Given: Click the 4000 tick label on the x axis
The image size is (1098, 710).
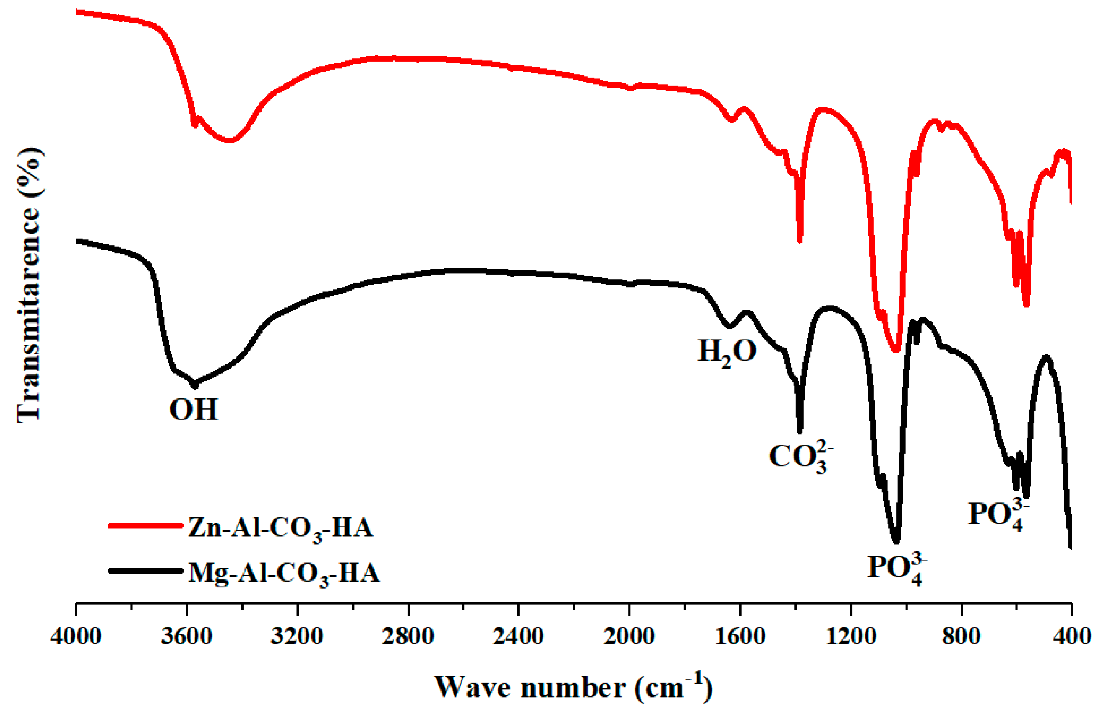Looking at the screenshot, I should tap(75, 637).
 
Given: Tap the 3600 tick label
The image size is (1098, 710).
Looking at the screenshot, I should tap(186, 637).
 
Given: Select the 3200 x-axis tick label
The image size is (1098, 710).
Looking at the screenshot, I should tap(296, 637).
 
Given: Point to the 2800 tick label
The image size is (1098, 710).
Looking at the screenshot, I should tap(408, 637).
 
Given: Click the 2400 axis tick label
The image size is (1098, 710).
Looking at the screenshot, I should tap(518, 637).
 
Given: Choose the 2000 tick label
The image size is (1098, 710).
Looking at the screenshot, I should tap(629, 637).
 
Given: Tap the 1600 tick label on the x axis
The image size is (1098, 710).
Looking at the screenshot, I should tap(740, 637).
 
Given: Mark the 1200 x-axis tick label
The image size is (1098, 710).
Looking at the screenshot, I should tap(851, 637).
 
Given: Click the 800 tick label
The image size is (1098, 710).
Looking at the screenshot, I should tap(961, 637).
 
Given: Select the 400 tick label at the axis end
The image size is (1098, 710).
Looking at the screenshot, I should tap(1071, 637).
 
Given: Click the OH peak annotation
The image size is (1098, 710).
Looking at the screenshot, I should tap(193, 409).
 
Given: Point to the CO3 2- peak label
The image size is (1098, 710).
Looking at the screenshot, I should tap(801, 456).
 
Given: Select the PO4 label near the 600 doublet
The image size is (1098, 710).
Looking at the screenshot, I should tap(998, 515).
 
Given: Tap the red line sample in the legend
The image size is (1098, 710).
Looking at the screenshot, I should tap(145, 526).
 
